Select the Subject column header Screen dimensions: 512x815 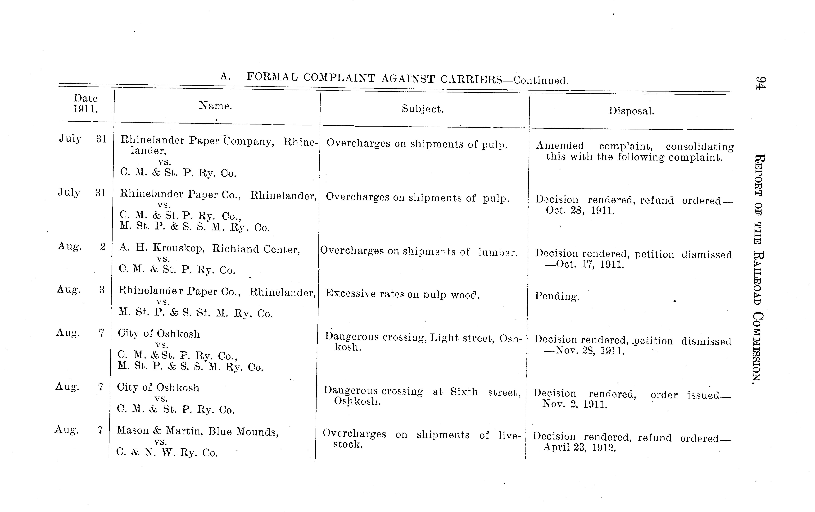(422, 109)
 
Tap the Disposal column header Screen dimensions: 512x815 (631, 111)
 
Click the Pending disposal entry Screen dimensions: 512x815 (557, 296)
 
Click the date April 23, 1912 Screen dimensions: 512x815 (580, 448)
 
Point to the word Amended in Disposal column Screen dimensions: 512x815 (560, 146)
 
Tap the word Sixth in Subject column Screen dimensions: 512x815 (464, 392)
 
